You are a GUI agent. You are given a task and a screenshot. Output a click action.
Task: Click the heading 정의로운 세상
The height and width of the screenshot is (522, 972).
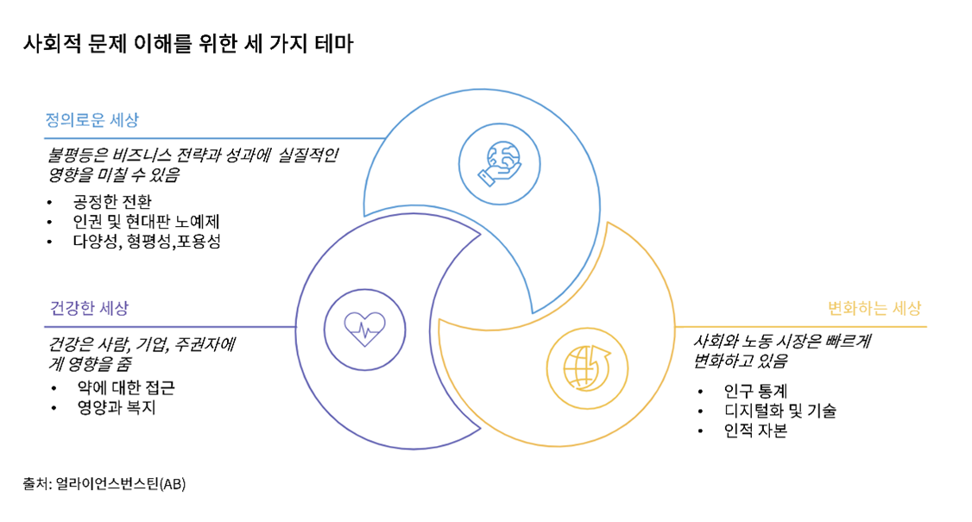[92, 120]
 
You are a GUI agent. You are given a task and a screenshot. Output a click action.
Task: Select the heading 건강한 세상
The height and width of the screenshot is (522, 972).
[89, 308]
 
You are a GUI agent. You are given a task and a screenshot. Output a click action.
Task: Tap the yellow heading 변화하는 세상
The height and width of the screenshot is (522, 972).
[874, 308]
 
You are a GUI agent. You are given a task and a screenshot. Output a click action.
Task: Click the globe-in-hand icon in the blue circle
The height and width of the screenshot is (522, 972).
[500, 164]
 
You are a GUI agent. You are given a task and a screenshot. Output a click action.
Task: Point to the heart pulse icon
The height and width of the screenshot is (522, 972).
[364, 330]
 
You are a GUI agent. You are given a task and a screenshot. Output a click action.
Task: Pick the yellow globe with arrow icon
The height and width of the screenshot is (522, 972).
[587, 368]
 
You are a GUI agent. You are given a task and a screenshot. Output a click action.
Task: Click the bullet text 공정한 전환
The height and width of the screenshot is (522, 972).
[112, 202]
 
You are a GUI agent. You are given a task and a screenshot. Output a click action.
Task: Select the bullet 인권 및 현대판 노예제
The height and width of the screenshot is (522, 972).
[146, 222]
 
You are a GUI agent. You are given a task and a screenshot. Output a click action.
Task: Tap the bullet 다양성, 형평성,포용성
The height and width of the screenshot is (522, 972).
[147, 242]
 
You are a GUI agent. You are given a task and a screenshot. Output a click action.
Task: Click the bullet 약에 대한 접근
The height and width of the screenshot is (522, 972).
[126, 387]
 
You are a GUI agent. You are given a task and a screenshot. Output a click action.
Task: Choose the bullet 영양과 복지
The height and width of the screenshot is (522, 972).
[117, 407]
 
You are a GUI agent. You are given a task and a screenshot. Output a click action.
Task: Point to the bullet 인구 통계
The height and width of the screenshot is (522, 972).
[755, 391]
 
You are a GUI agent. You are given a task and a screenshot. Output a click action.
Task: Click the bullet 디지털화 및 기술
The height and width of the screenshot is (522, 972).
[780, 411]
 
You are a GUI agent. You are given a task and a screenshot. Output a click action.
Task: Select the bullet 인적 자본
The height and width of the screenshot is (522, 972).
[755, 431]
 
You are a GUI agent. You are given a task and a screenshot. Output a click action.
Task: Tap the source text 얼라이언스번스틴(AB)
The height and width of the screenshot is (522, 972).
[121, 483]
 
